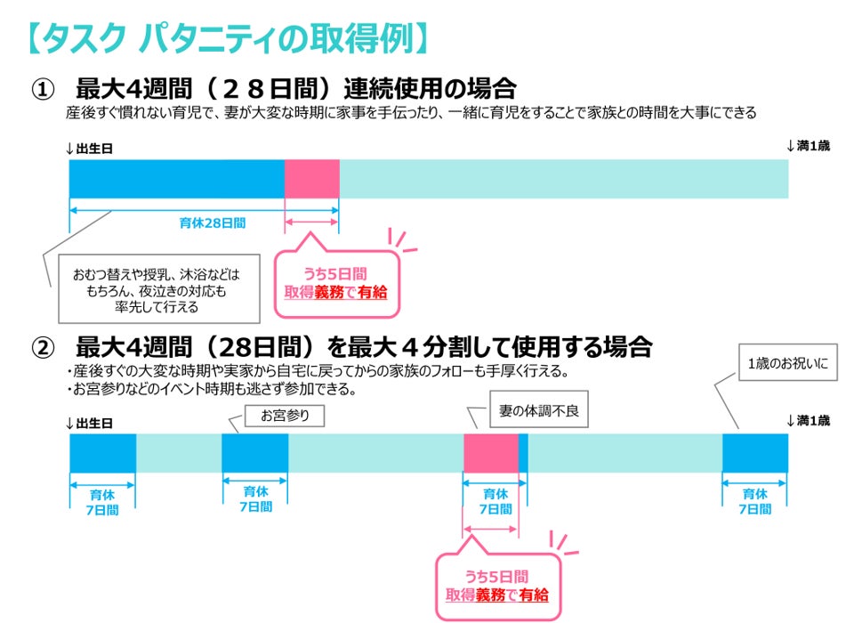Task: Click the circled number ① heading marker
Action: coord(44,90)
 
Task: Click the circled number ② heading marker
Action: coord(44,346)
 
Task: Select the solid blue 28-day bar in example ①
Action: coord(176,179)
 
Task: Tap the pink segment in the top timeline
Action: coord(311,179)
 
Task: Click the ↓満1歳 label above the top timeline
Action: coord(808,146)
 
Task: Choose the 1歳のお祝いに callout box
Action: coord(789,363)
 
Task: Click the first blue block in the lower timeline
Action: coord(102,453)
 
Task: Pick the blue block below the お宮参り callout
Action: coord(254,453)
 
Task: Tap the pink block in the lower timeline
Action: coord(490,453)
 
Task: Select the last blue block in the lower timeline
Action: coord(754,453)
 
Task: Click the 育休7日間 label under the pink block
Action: coord(495,501)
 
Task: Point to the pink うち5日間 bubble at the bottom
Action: coord(498,585)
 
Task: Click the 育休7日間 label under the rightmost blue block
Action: coord(755,501)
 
